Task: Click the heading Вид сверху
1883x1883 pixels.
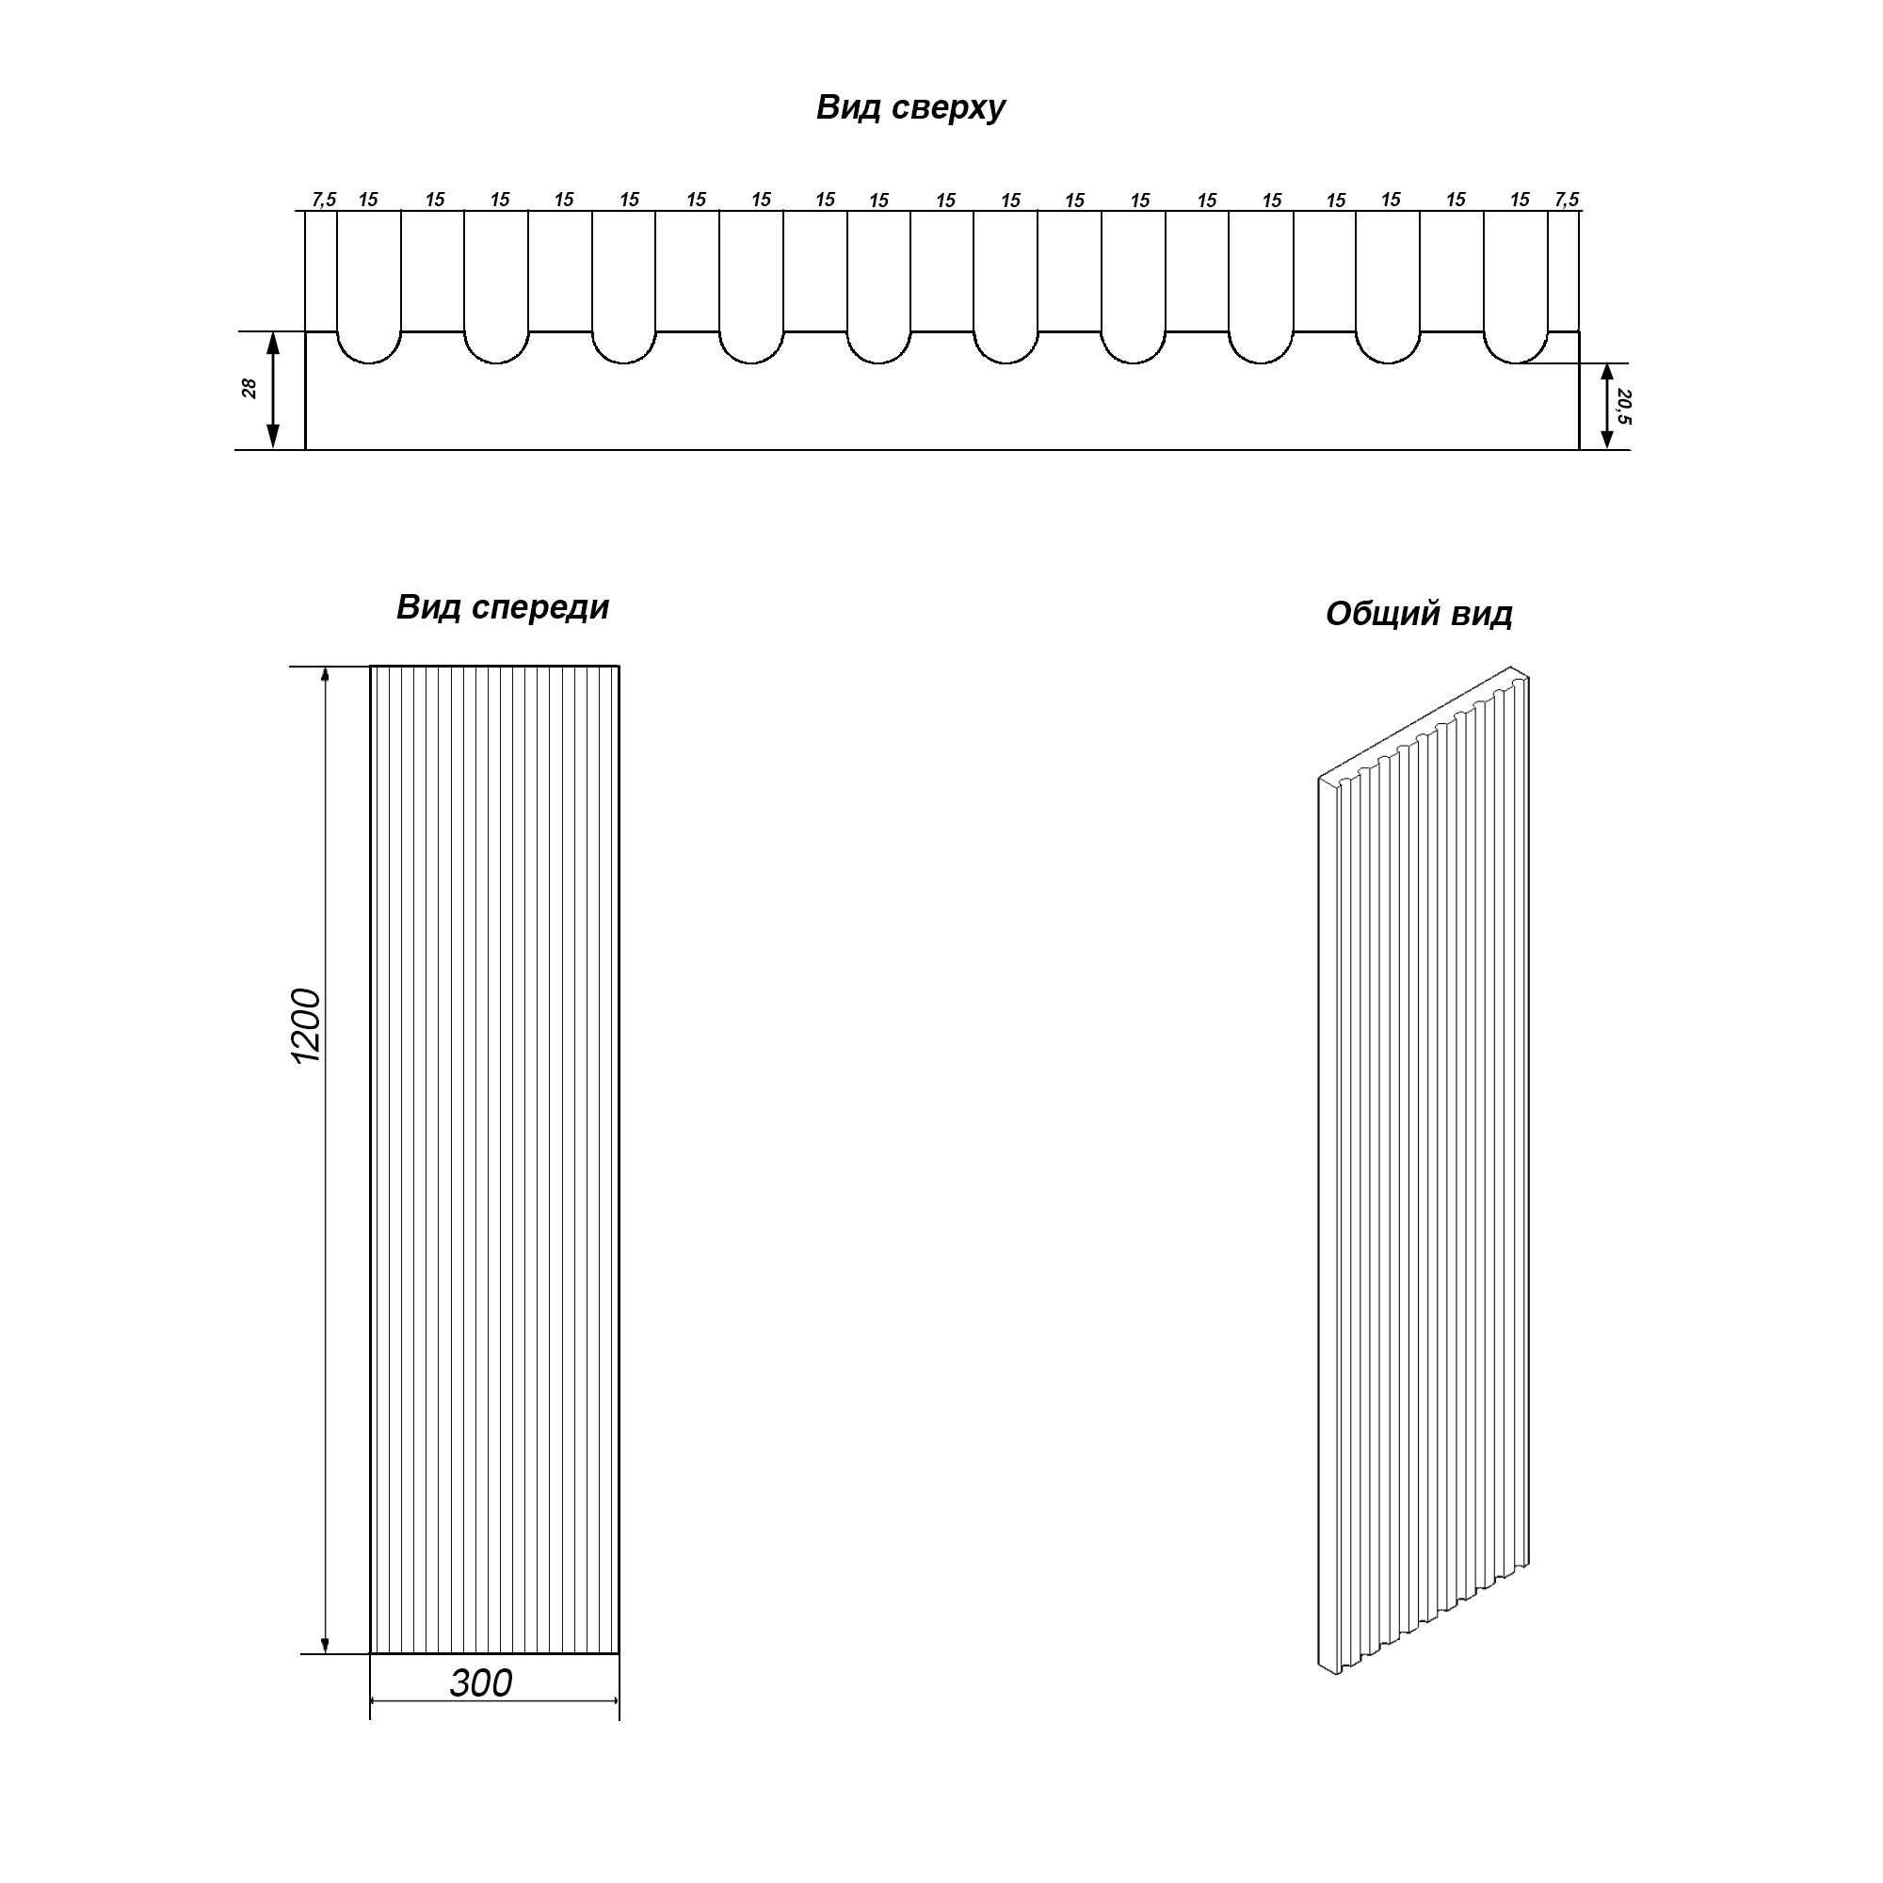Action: tap(910, 108)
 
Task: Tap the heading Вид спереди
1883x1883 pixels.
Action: tap(503, 608)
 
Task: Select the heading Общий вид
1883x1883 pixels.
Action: tap(1419, 614)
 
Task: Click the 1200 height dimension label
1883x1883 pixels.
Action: tap(306, 1026)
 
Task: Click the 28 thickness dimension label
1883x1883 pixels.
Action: tap(249, 389)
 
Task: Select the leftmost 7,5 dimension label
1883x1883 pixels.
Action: tap(324, 200)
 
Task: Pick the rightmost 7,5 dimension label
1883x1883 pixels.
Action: tap(1568, 200)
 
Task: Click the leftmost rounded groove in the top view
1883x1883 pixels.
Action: tap(369, 362)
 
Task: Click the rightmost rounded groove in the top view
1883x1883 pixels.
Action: tap(1516, 362)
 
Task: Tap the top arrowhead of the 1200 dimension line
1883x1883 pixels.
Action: tap(326, 677)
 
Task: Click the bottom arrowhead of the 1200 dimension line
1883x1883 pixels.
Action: tap(326, 1643)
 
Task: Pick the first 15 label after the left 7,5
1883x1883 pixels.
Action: tap(368, 200)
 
